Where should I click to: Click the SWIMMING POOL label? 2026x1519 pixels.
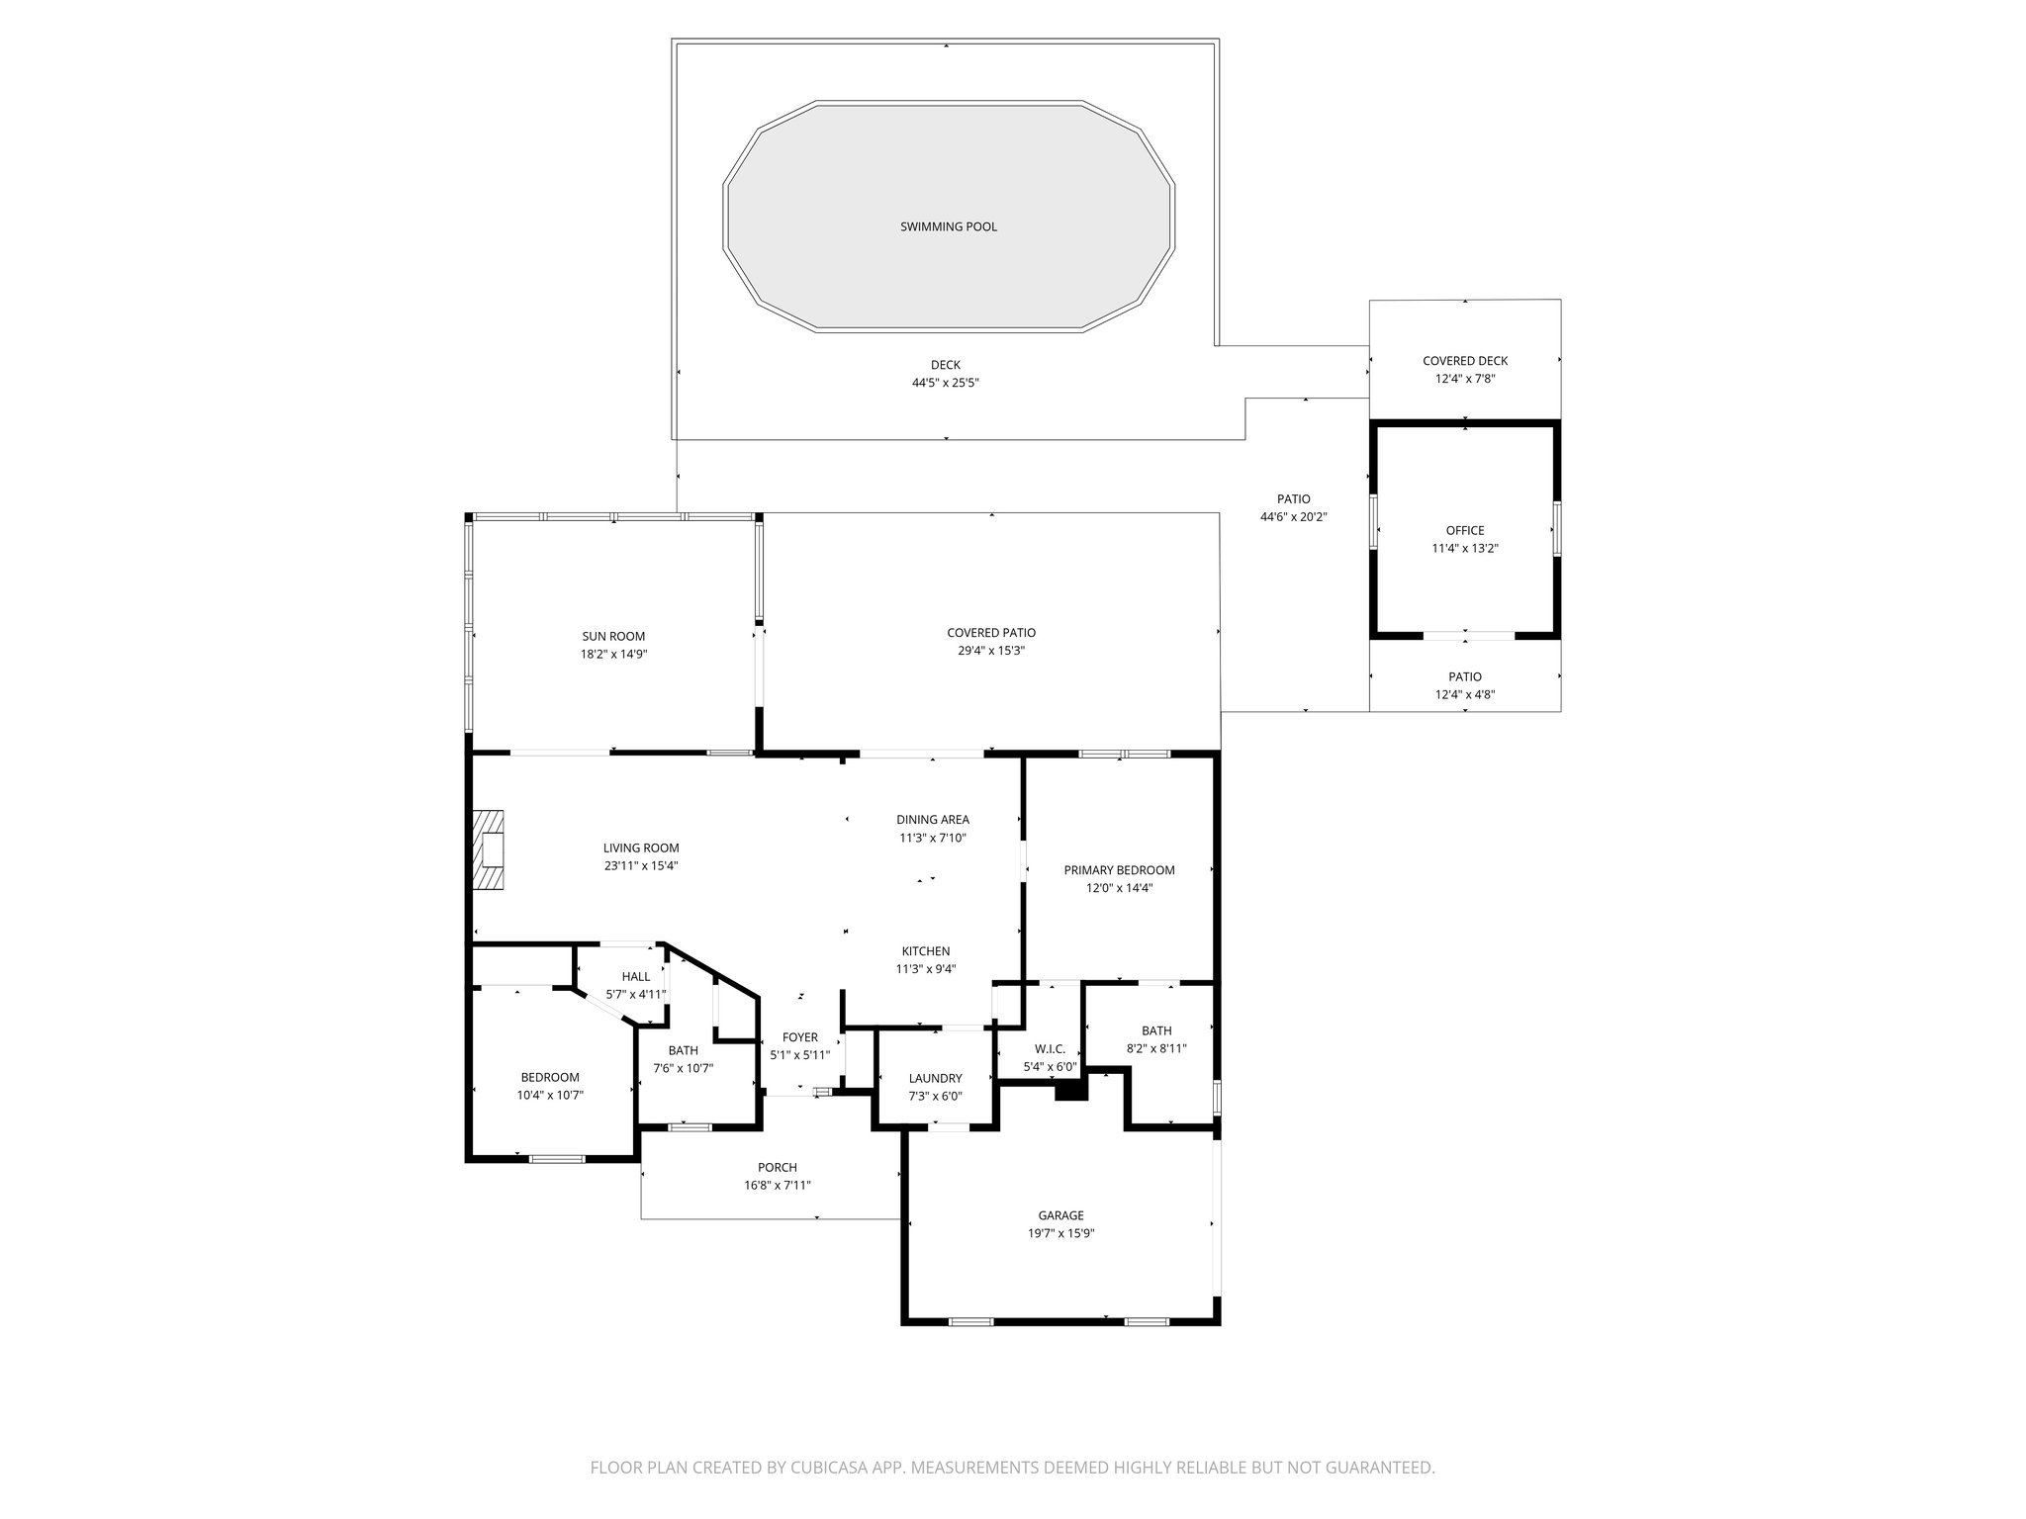(948, 226)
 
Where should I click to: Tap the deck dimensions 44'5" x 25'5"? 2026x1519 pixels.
(945, 383)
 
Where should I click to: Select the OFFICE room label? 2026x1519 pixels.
(1464, 530)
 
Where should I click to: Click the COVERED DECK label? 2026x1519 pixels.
(1464, 361)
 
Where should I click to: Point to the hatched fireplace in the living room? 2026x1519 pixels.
(489, 852)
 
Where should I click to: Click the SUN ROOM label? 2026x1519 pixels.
(613, 636)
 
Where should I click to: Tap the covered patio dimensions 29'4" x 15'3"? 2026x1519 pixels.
(990, 651)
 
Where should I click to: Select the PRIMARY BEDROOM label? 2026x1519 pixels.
(1119, 870)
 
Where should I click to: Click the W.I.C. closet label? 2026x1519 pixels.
(1049, 1049)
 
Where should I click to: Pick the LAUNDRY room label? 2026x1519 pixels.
(935, 1078)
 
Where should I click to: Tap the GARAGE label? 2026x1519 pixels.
(1060, 1215)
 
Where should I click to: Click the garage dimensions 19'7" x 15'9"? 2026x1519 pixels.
(1060, 1233)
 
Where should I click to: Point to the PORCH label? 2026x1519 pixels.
(777, 1167)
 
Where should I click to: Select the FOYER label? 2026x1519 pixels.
(799, 1037)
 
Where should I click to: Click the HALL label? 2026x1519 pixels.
(635, 977)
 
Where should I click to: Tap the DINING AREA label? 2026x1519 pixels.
(932, 819)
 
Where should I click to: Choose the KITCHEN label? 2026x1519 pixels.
(925, 951)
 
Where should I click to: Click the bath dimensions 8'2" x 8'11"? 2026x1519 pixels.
(1155, 1048)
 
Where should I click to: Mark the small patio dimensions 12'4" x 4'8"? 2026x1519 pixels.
(1464, 694)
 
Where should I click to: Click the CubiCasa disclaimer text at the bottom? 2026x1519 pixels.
(1012, 1468)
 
